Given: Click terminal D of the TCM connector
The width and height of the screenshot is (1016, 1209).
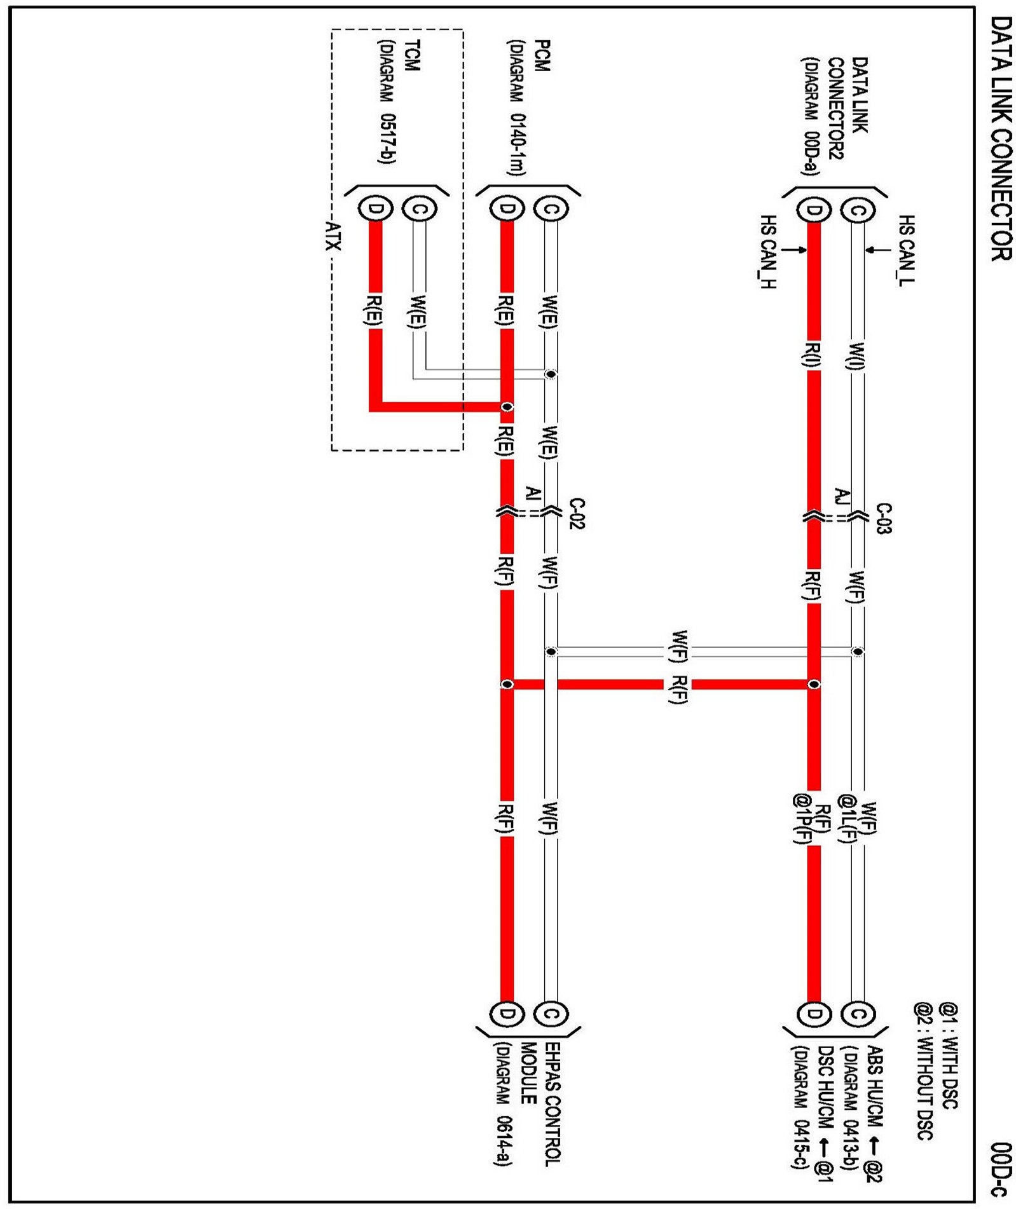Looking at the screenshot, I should pos(375,208).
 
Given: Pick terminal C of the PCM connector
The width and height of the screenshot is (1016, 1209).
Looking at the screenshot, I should pos(551,208).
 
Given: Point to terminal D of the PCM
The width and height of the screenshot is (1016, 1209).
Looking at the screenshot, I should pos(506,208).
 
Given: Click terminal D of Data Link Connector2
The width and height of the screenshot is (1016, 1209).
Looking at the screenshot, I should pos(813,210).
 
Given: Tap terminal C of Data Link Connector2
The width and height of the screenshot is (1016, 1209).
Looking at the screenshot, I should pos(857,210).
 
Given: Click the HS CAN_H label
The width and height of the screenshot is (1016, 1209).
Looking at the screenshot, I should pos(768,252).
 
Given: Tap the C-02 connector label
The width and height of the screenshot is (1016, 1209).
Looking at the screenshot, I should pos(577,514).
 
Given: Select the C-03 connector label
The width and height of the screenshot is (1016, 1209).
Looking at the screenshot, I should pos(884,518).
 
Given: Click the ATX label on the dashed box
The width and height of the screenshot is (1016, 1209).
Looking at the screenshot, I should pos(333,236).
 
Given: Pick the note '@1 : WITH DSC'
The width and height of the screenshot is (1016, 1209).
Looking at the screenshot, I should pos(949,1055).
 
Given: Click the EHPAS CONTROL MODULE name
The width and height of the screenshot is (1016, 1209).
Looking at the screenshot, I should pos(540,1102).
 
